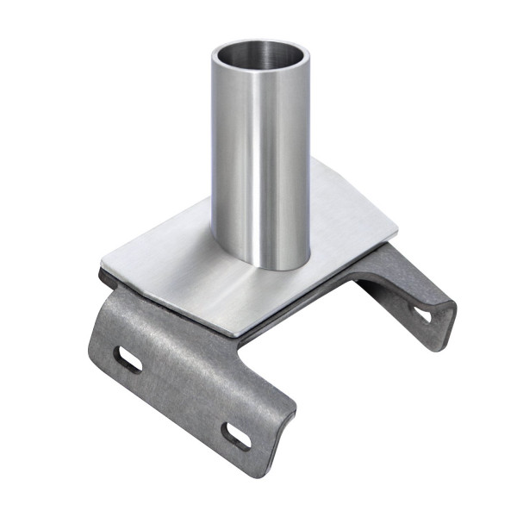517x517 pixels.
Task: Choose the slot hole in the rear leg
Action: click(423, 314)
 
